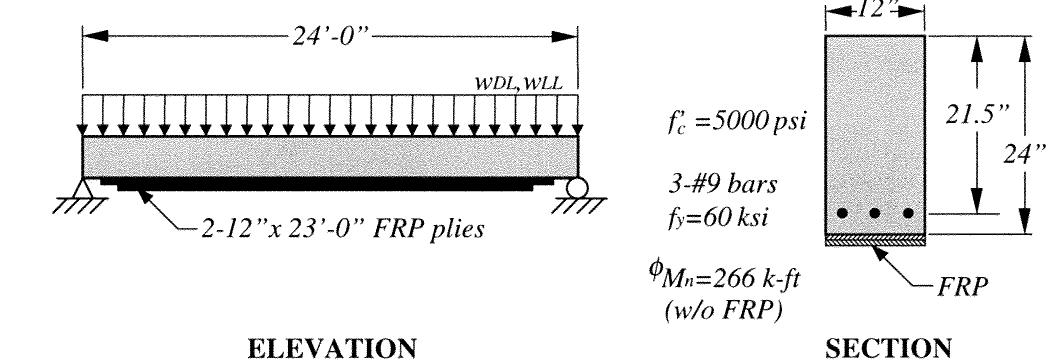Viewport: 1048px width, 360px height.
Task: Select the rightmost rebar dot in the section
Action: [x=908, y=213]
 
